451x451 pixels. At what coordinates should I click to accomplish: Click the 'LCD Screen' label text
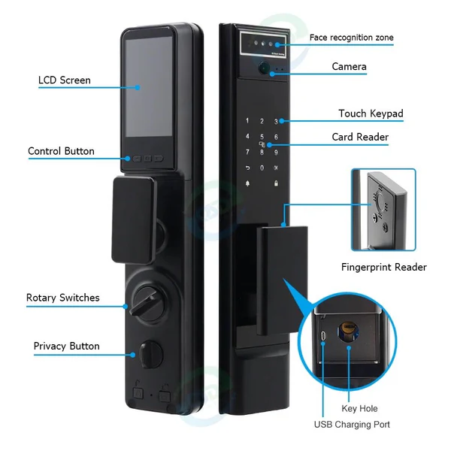click(x=65, y=80)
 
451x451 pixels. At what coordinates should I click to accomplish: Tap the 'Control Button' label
click(x=61, y=151)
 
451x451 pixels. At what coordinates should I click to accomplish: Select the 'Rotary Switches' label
click(x=62, y=298)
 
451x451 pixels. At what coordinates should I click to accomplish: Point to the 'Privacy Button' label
click(x=66, y=347)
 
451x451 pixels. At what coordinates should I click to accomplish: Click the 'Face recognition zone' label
click(x=351, y=38)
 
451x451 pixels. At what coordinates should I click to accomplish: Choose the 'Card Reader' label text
click(x=360, y=137)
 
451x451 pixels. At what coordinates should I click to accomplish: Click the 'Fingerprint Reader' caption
click(x=383, y=267)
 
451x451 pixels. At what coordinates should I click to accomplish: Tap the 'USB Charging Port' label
click(x=352, y=425)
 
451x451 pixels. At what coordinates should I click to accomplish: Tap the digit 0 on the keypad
click(x=262, y=168)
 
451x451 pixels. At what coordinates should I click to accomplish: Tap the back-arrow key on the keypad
click(x=247, y=168)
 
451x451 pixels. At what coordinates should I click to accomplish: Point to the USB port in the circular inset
click(x=324, y=336)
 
